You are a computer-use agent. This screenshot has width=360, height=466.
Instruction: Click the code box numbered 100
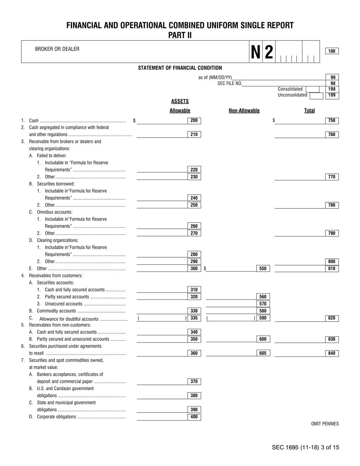tap(332, 51)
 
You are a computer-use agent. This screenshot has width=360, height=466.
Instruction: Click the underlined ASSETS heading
tap(180, 101)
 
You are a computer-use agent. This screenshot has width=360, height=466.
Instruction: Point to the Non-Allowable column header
tap(244, 111)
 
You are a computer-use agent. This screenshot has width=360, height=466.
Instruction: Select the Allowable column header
tap(180, 111)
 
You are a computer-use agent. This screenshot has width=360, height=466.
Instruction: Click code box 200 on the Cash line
tap(194, 120)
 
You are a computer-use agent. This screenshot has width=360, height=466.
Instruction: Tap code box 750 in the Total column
tap(332, 120)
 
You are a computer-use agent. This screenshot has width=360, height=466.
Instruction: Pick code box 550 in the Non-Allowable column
tap(263, 269)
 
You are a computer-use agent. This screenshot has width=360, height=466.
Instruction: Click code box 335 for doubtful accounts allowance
tap(194, 318)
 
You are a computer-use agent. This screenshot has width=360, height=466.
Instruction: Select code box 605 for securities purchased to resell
tap(263, 353)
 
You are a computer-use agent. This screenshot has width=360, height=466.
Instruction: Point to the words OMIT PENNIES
tap(325, 424)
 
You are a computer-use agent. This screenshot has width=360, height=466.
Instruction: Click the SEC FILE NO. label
tap(230, 83)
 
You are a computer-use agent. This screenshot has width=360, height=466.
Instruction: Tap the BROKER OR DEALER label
tap(57, 49)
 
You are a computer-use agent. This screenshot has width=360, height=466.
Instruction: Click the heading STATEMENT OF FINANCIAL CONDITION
tap(180, 68)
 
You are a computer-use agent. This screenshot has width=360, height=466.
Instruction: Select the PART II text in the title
tap(180, 35)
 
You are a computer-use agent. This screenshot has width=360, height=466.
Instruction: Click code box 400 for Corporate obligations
tap(194, 417)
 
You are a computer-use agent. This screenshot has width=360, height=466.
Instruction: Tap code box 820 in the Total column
tap(332, 318)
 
